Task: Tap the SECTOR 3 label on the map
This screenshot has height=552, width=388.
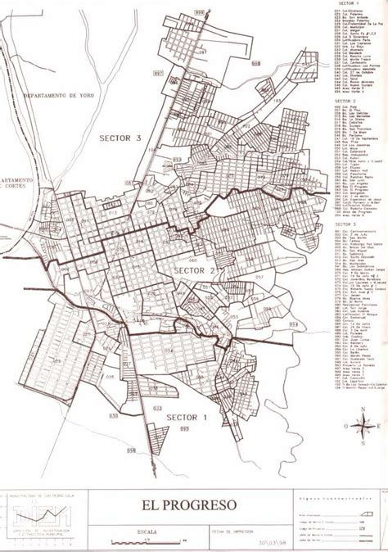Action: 121,138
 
